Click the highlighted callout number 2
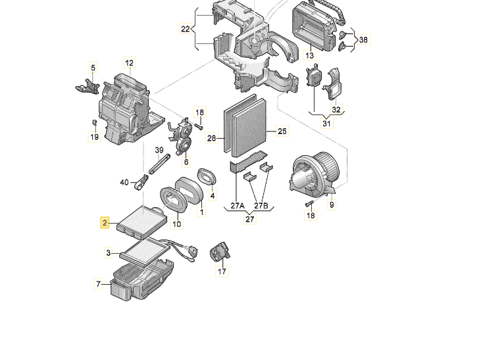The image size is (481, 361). (x=104, y=224)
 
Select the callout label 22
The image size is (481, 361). (x=185, y=28)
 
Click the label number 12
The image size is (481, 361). (x=129, y=64)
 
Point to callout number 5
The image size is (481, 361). (x=93, y=68)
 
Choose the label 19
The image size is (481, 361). (x=94, y=137)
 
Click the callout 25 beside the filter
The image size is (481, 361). (x=282, y=132)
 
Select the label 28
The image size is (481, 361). (x=212, y=138)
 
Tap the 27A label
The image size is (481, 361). (x=238, y=206)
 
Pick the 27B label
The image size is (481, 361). (x=261, y=206)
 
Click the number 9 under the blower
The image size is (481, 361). (x=332, y=205)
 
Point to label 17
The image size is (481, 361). (x=222, y=271)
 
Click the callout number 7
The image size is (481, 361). (x=99, y=285)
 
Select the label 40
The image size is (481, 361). (x=124, y=182)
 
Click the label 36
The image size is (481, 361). (x=363, y=39)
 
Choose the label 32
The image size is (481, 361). (x=336, y=110)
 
